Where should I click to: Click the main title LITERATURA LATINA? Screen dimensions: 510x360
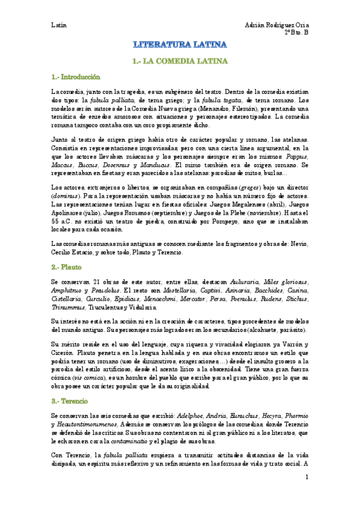tap(180, 45)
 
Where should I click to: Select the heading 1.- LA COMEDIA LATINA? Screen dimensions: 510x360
tap(180, 61)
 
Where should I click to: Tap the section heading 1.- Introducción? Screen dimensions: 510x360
tap(76, 78)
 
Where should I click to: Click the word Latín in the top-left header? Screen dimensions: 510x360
tap(59, 25)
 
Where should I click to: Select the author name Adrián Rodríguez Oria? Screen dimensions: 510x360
tap(277, 25)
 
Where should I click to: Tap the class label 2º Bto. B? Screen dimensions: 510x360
tap(296, 33)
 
